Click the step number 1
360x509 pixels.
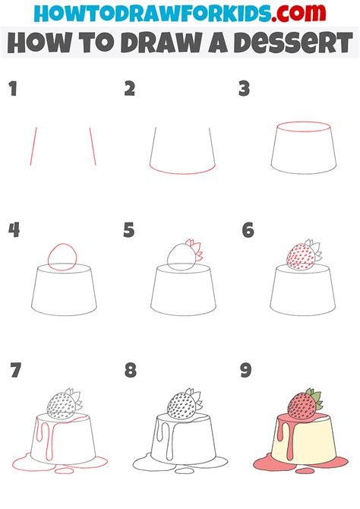pos(12,90)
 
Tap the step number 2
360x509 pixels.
pos(130,90)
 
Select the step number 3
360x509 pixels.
pos(244,90)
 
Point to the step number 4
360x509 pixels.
pos(14,229)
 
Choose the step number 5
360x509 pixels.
pos(130,229)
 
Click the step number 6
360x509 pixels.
pos(247,229)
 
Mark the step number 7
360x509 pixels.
pos(15,371)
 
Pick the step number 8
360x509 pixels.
pos(131,371)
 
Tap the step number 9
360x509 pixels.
pos(247,371)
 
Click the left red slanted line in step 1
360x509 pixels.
pos(33,146)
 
